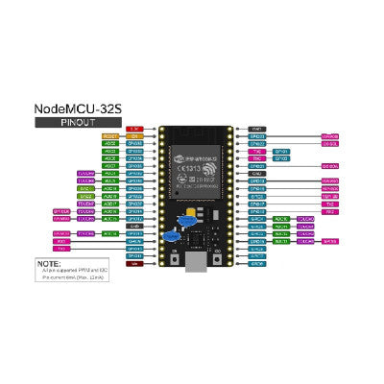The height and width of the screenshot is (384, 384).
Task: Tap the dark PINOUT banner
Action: [x=78, y=123]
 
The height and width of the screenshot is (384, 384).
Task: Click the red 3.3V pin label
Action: [x=135, y=128]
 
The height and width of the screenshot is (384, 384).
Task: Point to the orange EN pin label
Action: [x=135, y=136]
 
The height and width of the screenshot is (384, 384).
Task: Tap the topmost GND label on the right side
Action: [x=256, y=128]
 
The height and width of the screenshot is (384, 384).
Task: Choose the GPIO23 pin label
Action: [x=256, y=136]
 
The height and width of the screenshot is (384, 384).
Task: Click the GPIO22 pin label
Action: [x=256, y=144]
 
